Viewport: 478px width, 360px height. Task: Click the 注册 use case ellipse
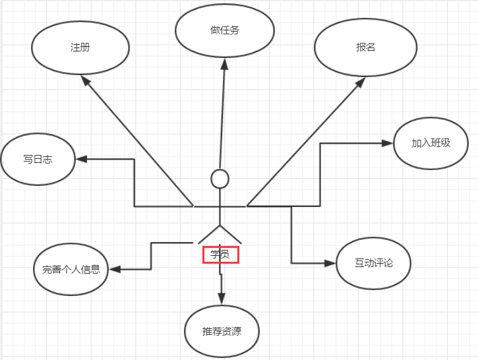click(80, 48)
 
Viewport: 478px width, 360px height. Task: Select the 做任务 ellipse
click(224, 30)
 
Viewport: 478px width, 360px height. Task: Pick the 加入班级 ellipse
click(431, 143)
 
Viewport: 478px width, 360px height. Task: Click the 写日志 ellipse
click(38, 160)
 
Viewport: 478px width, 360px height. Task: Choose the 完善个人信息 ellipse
click(71, 269)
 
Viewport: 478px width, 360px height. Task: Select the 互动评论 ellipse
click(373, 263)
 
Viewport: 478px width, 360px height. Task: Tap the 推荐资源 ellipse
click(222, 331)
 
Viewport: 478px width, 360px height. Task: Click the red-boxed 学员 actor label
click(220, 254)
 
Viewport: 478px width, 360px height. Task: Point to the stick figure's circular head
click(220, 178)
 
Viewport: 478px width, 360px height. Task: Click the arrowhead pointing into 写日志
click(81, 159)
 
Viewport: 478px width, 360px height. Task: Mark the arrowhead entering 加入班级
click(388, 142)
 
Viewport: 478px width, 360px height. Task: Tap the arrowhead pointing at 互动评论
click(330, 263)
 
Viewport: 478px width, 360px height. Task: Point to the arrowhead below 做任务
click(224, 63)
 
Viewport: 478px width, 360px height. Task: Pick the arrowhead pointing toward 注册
click(85, 79)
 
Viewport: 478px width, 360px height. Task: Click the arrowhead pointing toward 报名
click(360, 82)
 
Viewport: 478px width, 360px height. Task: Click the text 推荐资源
click(222, 331)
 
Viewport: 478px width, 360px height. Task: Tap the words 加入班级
click(431, 143)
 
